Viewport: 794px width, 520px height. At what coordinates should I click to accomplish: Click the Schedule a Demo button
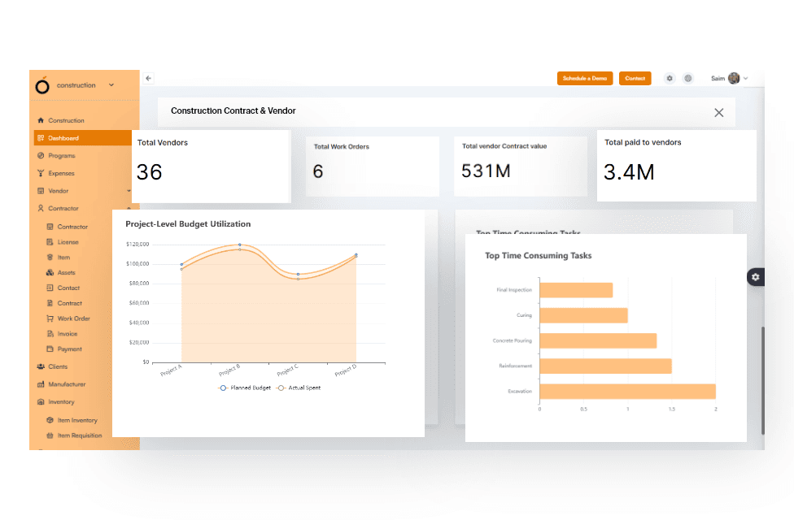[x=585, y=79]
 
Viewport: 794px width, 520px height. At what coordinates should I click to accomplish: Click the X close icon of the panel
[x=718, y=113]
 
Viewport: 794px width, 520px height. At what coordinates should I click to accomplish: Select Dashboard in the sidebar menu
[x=63, y=138]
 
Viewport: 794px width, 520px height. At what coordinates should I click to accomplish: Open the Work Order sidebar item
[x=73, y=318]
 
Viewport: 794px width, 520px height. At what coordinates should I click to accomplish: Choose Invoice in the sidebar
[x=68, y=334]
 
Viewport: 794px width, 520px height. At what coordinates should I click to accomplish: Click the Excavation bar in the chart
[x=626, y=392]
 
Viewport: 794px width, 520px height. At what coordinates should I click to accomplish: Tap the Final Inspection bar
[x=576, y=290]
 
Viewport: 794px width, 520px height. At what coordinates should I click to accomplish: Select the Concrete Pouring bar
[x=597, y=340]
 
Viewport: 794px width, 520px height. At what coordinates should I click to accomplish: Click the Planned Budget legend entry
[x=245, y=388]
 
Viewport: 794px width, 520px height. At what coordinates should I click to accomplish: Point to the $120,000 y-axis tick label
[x=137, y=244]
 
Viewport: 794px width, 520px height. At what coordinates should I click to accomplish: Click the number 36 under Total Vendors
[x=150, y=172]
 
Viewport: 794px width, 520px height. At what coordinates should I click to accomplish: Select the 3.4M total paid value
[x=629, y=172]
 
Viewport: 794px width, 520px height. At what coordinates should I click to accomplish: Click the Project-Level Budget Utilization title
[x=188, y=223]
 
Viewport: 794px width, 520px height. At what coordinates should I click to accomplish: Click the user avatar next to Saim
[x=734, y=79]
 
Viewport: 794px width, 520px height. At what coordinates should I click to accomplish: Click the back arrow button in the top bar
[x=149, y=79]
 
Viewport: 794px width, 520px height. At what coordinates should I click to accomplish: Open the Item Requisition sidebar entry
[x=80, y=435]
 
